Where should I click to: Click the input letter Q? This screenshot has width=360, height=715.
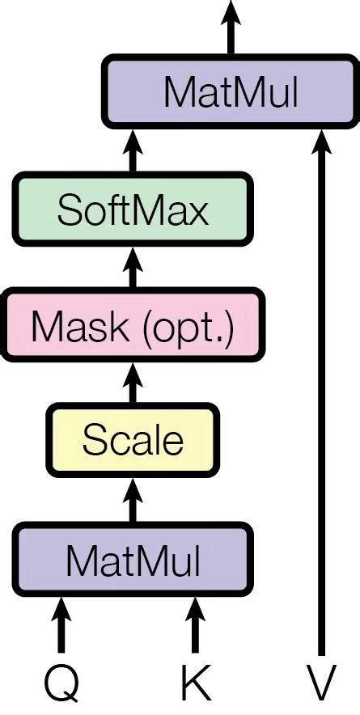(61, 684)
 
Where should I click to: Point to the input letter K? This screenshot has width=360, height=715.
(194, 684)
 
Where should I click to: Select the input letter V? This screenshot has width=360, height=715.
(321, 684)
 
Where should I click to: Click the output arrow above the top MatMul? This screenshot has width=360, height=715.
(231, 29)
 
